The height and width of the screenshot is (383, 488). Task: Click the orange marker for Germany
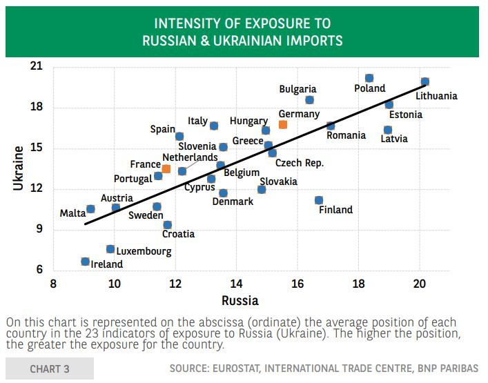coord(283,125)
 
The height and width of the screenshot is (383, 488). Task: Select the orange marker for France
coord(166,168)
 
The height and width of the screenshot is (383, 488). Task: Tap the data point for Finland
coord(319,200)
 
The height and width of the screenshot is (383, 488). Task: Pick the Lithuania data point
coord(424,82)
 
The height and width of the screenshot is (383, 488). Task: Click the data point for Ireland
coord(85,262)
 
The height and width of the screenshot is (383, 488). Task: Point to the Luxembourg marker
coord(110,249)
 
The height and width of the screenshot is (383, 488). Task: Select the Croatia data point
coord(167,225)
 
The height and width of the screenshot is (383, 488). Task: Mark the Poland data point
coord(369,79)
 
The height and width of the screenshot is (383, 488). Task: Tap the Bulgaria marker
coord(309,100)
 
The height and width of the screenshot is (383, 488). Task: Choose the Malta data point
coord(90,209)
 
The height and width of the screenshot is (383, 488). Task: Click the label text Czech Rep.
coord(300,164)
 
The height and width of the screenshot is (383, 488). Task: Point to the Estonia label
coord(405,115)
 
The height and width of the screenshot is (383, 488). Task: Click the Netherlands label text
coord(190,157)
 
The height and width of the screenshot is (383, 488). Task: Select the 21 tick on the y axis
coord(36,67)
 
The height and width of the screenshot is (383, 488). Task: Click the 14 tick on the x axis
coord(236,284)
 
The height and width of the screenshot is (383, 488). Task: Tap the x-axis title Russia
coord(240,300)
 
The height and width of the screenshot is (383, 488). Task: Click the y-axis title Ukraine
coord(19,168)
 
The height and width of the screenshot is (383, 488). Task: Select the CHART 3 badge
coord(49,369)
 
